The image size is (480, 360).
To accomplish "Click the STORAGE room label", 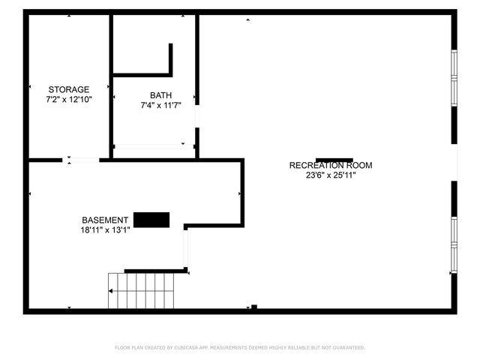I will click(69, 89).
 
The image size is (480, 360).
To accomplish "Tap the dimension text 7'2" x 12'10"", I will click(69, 99).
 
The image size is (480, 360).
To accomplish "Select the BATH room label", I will click(160, 95).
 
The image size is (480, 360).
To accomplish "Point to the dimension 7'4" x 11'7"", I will click(160, 105).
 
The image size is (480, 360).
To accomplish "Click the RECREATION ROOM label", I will click(330, 165).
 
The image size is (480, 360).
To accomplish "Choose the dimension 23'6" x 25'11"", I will click(330, 175).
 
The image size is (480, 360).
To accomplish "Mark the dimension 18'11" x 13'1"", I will click(106, 230).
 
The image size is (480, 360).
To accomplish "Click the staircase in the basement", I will click(142, 292).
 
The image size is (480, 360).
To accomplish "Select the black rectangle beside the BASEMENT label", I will click(151, 219).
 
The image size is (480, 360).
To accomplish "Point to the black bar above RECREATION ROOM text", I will click(334, 160).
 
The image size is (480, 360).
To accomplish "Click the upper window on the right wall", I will click(453, 77).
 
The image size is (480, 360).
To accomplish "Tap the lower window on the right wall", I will click(453, 244).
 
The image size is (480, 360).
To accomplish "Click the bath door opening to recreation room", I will click(197, 117).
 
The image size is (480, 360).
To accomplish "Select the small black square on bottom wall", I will click(254, 307).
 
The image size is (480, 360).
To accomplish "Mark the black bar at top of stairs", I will click(154, 271).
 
